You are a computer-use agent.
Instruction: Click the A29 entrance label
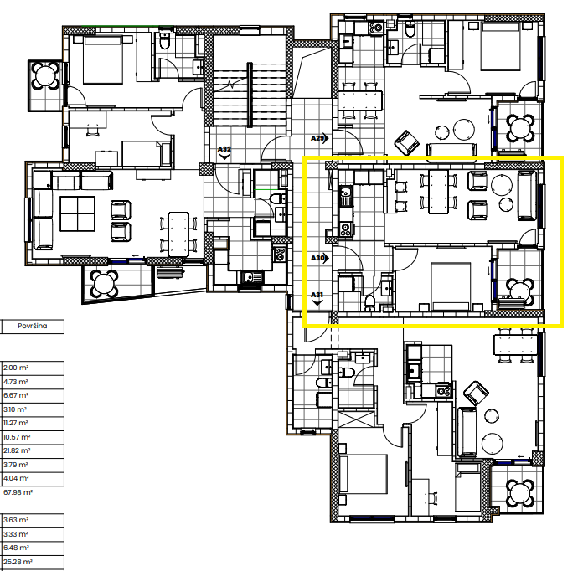click(x=317, y=137)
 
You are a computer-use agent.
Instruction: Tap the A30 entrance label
click(x=317, y=258)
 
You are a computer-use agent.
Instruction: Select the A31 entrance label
click(x=317, y=295)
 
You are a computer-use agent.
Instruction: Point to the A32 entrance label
click(x=224, y=150)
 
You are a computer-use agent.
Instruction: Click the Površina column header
click(x=31, y=327)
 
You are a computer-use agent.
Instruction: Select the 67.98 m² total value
click(x=17, y=492)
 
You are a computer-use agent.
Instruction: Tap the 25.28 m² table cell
click(x=17, y=562)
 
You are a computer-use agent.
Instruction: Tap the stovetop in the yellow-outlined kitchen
click(x=345, y=228)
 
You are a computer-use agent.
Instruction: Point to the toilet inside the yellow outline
click(x=369, y=301)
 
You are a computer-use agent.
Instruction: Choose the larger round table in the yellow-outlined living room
click(x=503, y=184)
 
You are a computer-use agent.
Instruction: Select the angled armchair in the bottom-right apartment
click(x=476, y=393)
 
